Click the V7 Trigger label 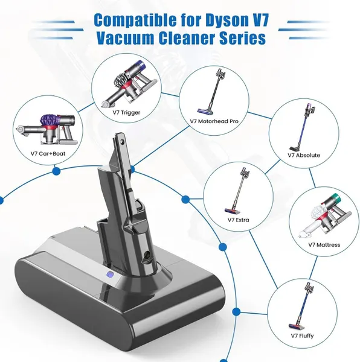(x=126, y=113)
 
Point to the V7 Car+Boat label (x=48, y=153)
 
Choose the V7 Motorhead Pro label (x=214, y=121)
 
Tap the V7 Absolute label (x=304, y=155)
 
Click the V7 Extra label (x=238, y=220)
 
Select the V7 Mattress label (x=324, y=245)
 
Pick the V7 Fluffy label (x=302, y=335)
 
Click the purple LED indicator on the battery (x=109, y=275)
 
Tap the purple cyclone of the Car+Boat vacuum (x=50, y=121)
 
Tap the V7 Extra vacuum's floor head (x=233, y=211)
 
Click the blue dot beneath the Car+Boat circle (x=56, y=171)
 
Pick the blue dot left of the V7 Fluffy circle (x=236, y=312)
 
